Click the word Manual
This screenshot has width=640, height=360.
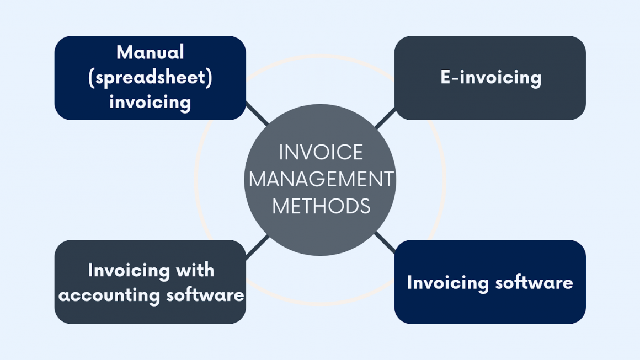click(x=150, y=53)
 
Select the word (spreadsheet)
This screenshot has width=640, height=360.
click(x=150, y=78)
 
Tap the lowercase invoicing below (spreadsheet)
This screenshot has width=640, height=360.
click(x=150, y=102)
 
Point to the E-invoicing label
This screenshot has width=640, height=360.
click(x=490, y=78)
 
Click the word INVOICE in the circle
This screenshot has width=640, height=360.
click(x=321, y=153)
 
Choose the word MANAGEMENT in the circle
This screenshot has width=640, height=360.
click(x=321, y=180)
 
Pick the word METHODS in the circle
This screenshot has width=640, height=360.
click(x=321, y=206)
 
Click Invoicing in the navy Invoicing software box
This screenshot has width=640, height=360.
click(x=447, y=283)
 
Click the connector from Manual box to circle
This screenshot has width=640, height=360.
click(x=257, y=114)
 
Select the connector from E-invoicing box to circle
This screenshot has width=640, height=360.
click(x=385, y=118)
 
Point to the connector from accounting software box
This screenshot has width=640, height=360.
click(x=257, y=247)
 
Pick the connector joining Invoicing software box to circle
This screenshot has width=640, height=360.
click(x=385, y=243)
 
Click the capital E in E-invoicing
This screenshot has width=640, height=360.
click(x=445, y=78)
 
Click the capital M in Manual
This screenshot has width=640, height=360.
click(x=124, y=53)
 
